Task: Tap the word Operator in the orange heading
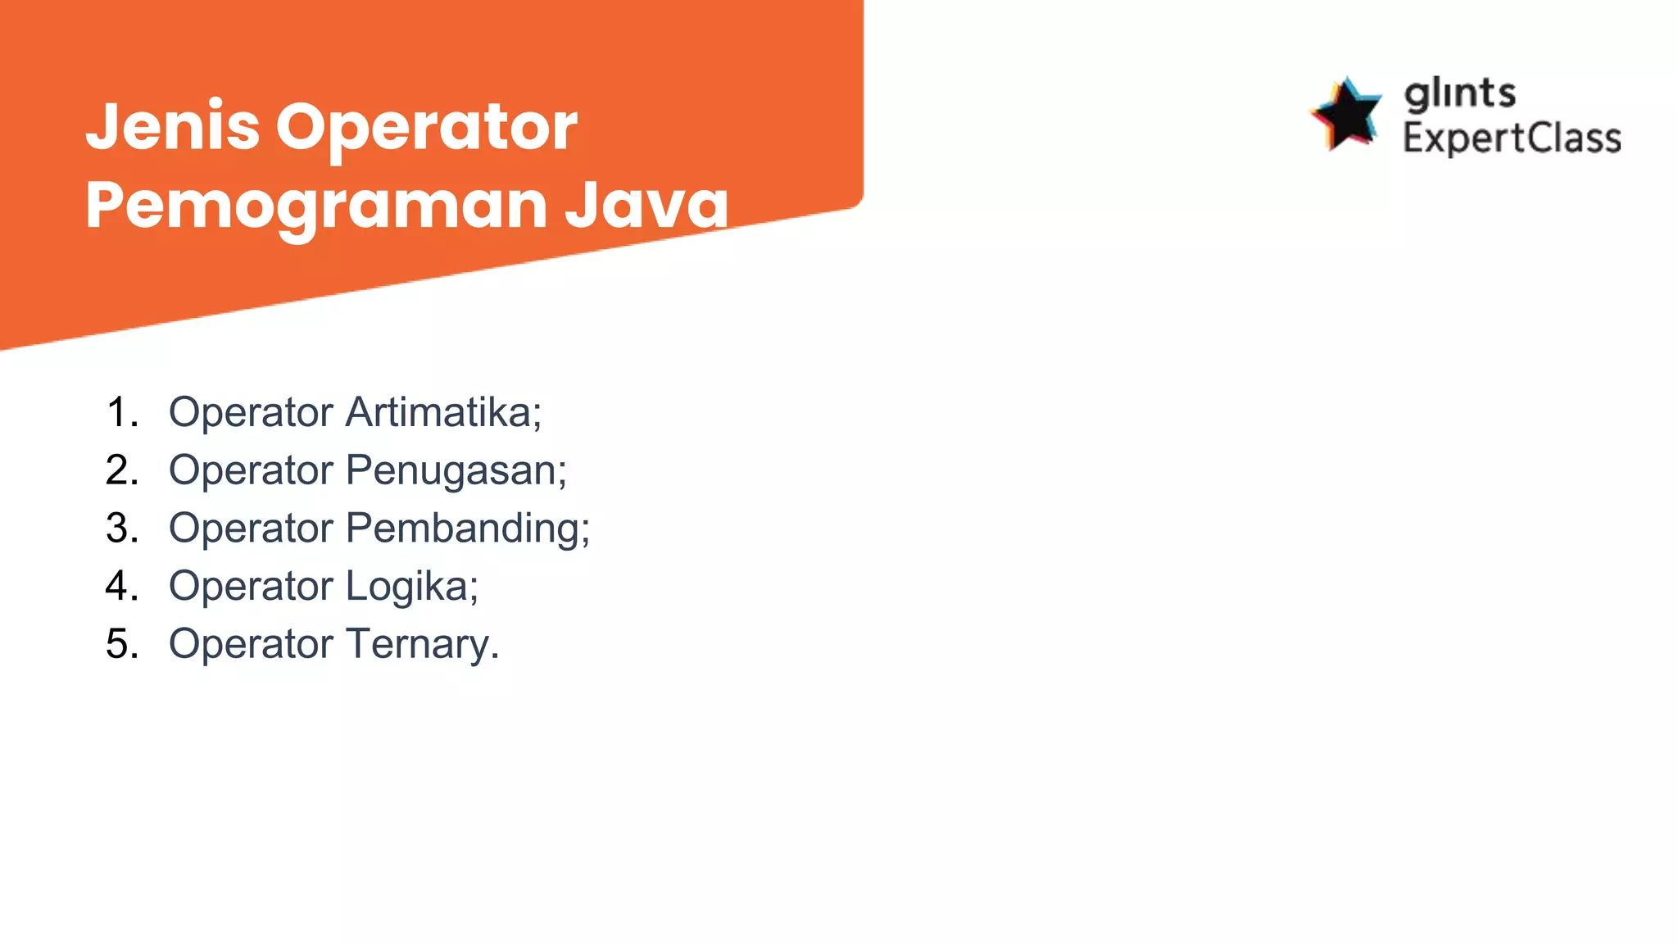point(426,128)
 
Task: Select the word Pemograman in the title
point(316,205)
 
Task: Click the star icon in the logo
point(1346,115)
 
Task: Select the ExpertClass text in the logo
point(1512,138)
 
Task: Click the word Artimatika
point(442,412)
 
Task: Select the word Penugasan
point(455,471)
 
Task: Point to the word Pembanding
point(466,529)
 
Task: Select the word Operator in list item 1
point(251,412)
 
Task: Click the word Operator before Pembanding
point(251,529)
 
